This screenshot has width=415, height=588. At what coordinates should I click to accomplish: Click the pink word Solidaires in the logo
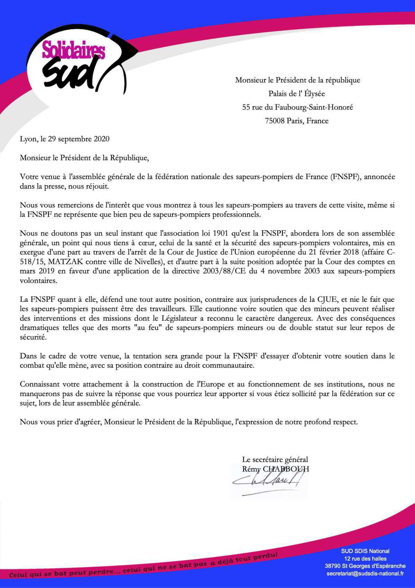pos(73,51)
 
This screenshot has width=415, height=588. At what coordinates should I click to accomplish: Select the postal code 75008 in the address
pos(275,121)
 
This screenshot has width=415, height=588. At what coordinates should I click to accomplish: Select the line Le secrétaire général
pos(275,460)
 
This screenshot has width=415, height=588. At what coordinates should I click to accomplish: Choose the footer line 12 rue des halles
pos(365,559)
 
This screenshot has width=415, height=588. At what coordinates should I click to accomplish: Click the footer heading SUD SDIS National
pos(365,551)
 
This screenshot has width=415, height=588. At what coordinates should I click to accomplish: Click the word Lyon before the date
pos(27,139)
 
